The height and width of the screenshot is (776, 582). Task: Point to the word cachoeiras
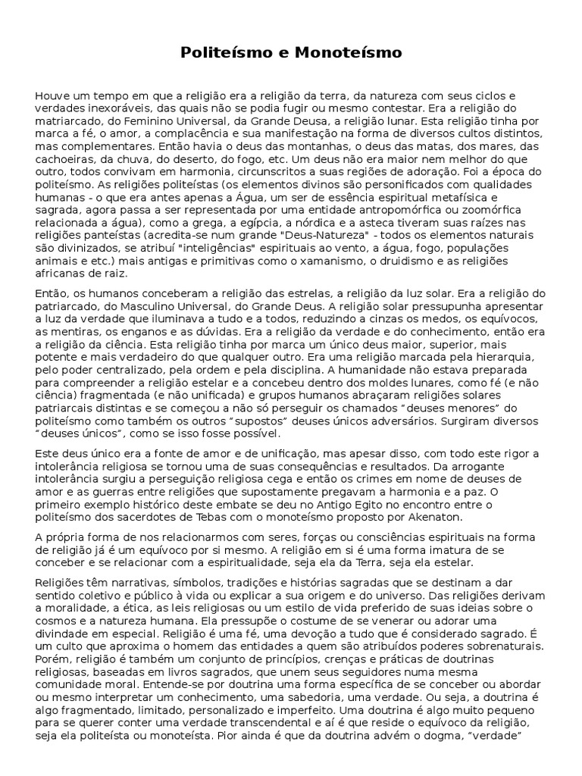(x=64, y=158)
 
